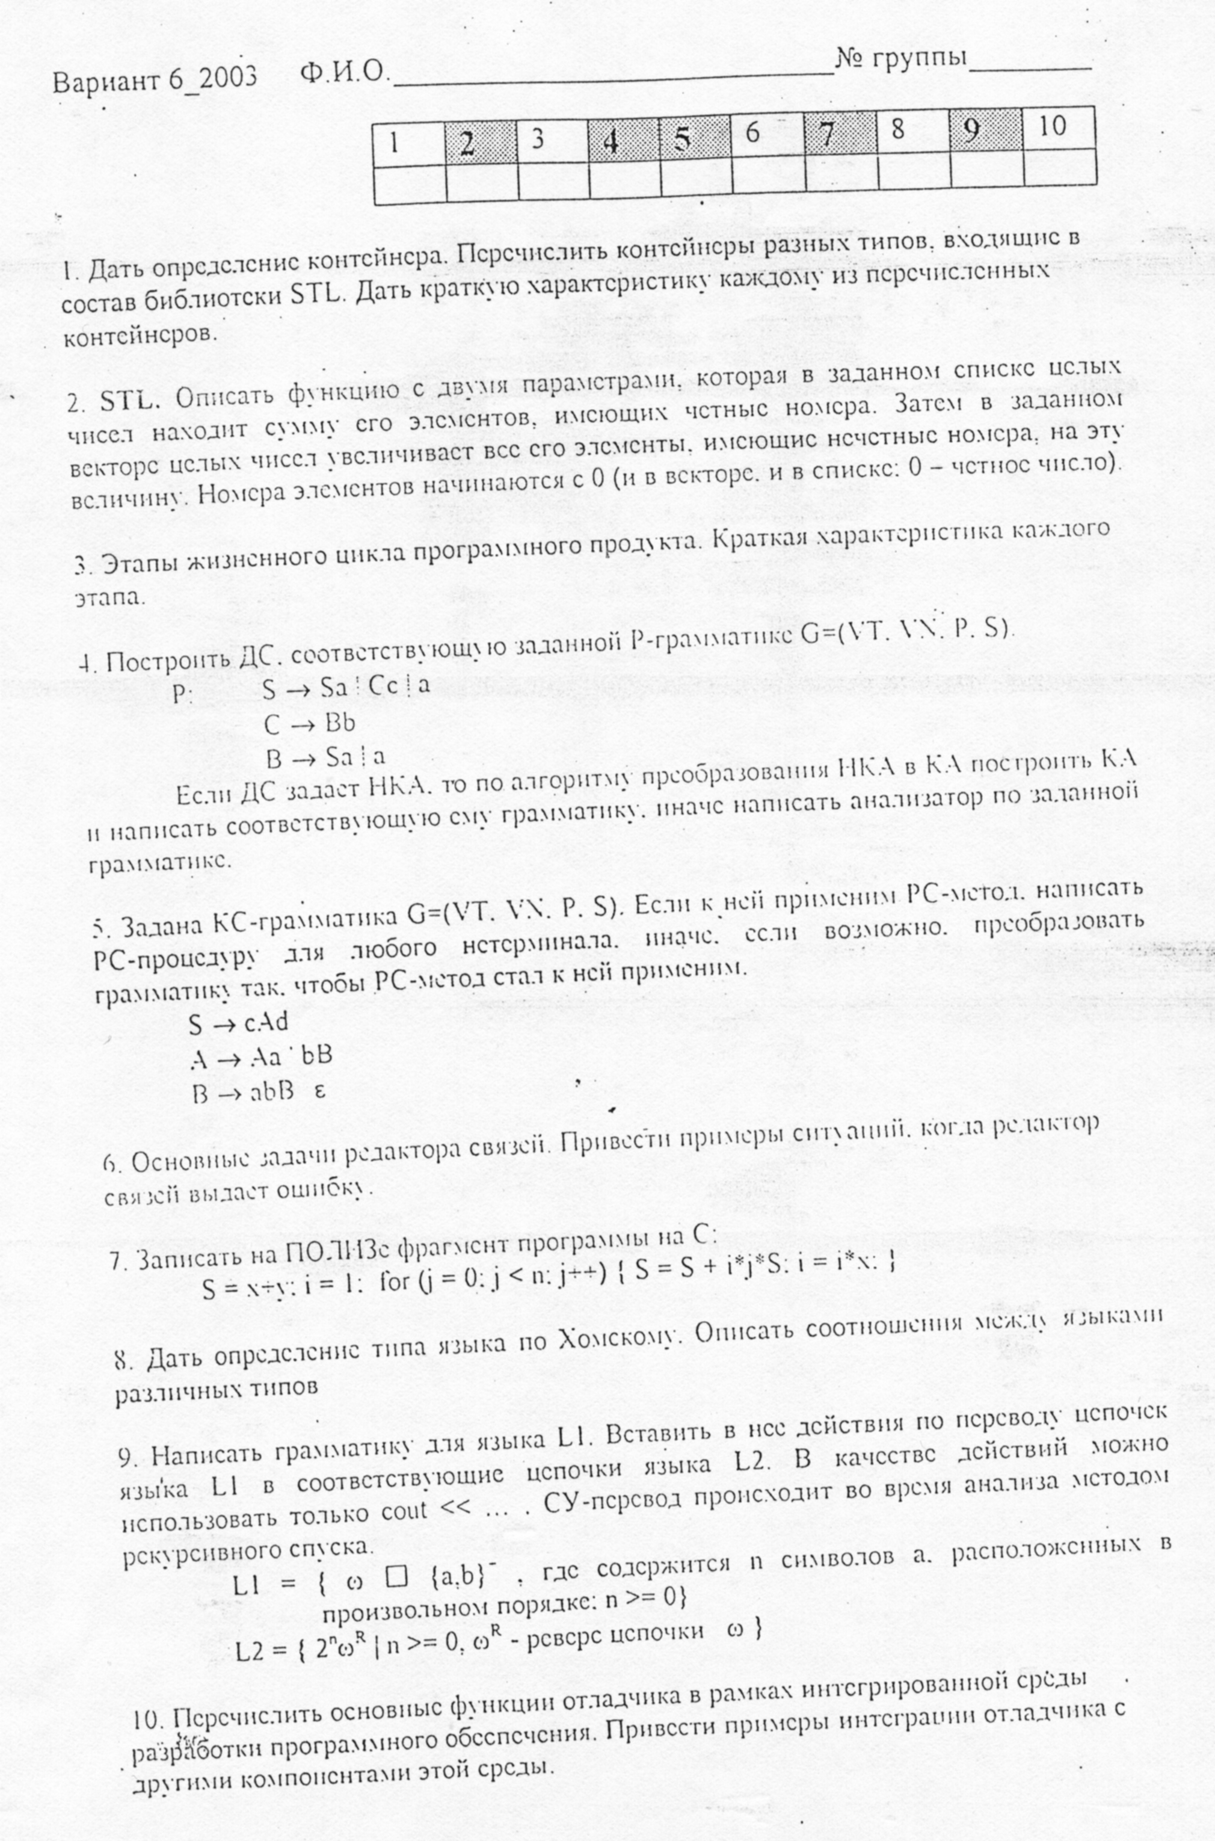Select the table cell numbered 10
pyautogui.click(x=1059, y=128)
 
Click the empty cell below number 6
pyautogui.click(x=769, y=176)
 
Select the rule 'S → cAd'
pyautogui.click(x=238, y=1023)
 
